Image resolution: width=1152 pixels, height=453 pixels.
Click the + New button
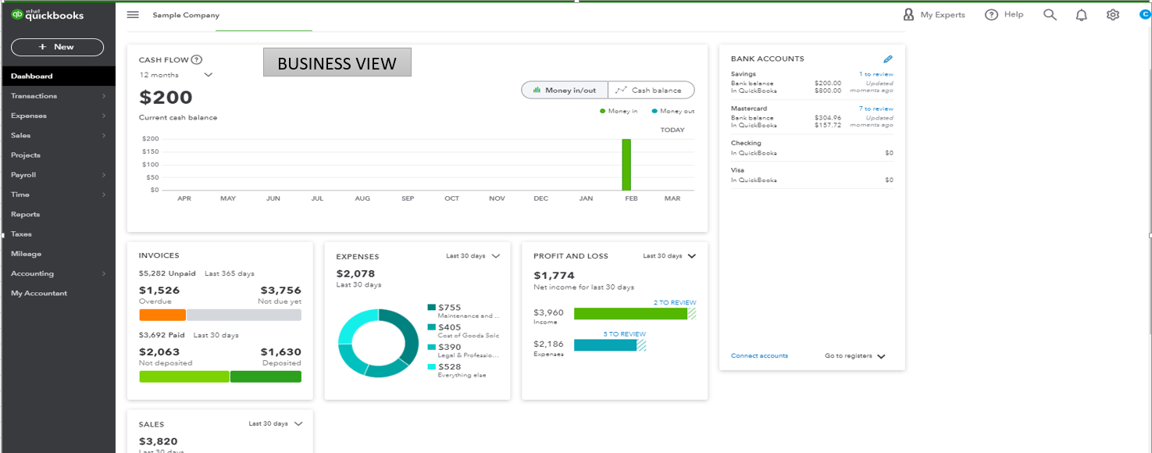click(57, 47)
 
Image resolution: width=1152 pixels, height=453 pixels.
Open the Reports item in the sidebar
click(25, 214)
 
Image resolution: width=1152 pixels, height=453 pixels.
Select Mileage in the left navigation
click(26, 254)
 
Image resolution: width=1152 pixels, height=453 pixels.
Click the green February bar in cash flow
click(626, 165)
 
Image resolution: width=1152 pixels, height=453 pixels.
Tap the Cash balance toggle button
click(651, 91)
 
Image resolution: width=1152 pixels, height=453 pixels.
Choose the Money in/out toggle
click(565, 91)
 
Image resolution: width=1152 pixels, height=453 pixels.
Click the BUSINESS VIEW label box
click(337, 63)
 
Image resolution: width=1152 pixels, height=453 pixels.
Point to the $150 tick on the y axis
click(150, 152)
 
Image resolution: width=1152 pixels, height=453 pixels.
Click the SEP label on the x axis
click(408, 198)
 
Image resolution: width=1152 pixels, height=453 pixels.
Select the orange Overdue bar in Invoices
click(162, 315)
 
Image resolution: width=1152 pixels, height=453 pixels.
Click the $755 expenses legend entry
click(449, 308)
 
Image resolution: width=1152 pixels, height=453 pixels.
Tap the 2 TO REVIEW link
click(675, 302)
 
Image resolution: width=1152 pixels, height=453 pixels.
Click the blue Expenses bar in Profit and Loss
click(605, 344)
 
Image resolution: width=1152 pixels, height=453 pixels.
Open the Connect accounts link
click(759, 355)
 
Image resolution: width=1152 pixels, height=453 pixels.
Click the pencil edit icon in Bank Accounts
click(887, 59)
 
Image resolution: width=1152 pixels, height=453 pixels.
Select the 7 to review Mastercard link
click(876, 109)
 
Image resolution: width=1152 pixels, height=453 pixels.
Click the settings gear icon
click(1113, 15)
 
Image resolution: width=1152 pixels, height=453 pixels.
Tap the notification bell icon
click(1081, 15)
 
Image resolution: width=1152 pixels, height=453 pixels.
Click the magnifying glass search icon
click(1050, 15)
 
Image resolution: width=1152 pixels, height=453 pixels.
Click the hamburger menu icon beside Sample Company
click(133, 15)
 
